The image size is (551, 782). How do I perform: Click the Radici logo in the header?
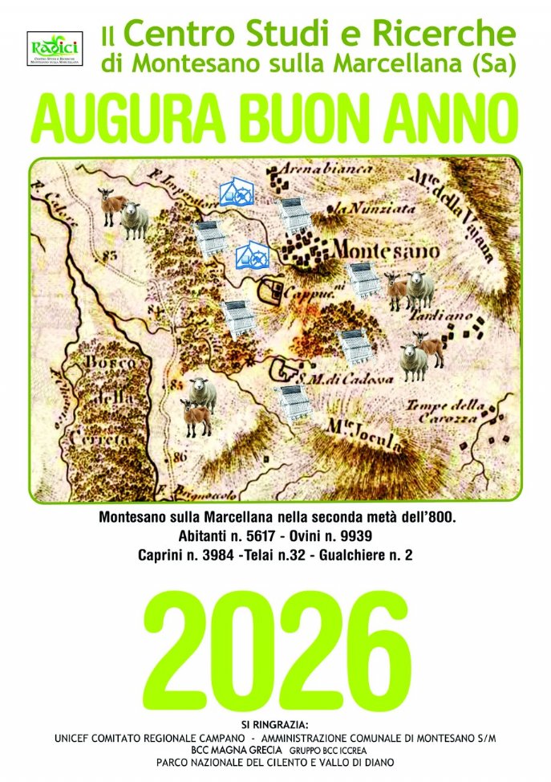pyautogui.click(x=55, y=48)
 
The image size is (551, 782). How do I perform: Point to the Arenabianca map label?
pyautogui.click(x=324, y=170)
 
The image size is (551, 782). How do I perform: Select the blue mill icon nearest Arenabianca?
pyautogui.click(x=237, y=192)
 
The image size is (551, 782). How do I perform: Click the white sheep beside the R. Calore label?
pyautogui.click(x=134, y=220)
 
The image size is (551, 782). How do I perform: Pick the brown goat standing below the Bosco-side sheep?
pyautogui.click(x=196, y=418)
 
